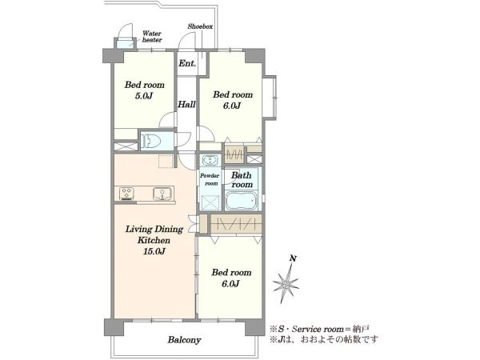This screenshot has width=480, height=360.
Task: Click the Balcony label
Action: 184,340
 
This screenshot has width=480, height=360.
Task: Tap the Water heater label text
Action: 152,37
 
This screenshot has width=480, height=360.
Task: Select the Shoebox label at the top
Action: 200,26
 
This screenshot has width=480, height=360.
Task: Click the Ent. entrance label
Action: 187,63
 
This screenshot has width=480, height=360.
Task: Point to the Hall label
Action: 186,104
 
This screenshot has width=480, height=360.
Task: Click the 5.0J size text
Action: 144,96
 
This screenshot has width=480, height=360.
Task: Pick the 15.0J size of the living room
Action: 154,251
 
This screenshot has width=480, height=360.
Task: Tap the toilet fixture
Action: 151,141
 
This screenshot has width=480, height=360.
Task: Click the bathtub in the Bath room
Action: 241,201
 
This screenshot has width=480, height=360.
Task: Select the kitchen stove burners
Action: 126,194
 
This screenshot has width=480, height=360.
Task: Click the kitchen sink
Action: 162,194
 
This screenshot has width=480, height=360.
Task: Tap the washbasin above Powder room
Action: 210,160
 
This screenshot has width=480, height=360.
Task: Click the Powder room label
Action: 210,179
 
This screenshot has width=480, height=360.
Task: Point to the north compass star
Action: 286,284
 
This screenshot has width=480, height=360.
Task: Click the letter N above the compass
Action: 293,258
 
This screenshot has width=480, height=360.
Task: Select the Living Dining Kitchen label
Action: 154,234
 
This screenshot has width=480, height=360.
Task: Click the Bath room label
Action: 242,180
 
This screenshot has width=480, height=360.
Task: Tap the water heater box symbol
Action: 125,43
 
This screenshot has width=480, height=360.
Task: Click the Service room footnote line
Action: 319,329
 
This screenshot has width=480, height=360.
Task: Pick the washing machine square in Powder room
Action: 210,202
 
